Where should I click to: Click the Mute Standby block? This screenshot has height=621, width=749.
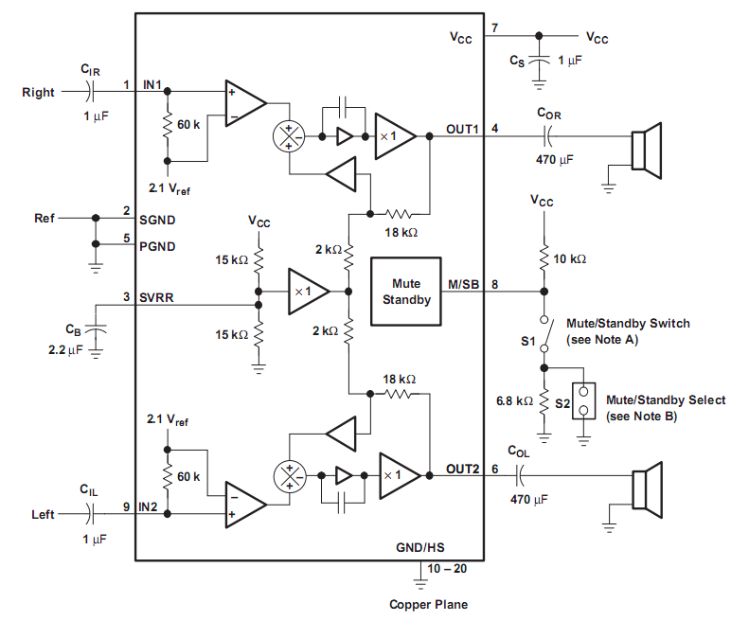pos(406,292)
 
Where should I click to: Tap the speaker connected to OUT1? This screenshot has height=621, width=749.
pos(647,151)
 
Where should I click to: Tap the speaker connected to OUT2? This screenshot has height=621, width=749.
pos(647,489)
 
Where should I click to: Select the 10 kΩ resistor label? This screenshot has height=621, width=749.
pos(569,259)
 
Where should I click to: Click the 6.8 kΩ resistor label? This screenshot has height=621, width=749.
pos(514,400)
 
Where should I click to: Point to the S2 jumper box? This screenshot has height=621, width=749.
pos(583,400)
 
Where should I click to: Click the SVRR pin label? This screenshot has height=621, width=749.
pos(156,297)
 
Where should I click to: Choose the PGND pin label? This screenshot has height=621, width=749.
pos(157,246)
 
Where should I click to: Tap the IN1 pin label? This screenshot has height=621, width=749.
pos(152,84)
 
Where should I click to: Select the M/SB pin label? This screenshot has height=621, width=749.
pos(463,285)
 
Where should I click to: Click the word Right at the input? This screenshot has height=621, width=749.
pos(38,92)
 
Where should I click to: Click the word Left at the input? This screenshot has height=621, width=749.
pos(43,514)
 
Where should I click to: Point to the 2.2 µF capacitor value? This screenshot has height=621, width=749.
pos(65,349)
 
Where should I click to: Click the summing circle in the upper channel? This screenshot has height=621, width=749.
pos(289,136)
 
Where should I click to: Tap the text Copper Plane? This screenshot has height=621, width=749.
pos(429,604)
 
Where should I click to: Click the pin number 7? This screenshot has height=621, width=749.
pos(495,28)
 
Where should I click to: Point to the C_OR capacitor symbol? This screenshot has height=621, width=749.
pos(548,136)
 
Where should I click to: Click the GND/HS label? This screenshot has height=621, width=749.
pos(420,547)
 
